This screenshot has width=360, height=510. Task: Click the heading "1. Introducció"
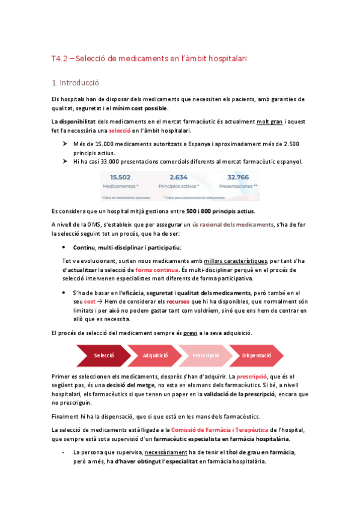tap(75, 82)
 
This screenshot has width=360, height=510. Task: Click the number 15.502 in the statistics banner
tap(121, 177)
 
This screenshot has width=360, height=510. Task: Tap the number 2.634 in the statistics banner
tap(179, 177)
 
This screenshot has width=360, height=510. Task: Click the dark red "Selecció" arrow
tap(103, 355)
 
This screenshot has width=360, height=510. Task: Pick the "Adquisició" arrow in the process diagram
tap(155, 355)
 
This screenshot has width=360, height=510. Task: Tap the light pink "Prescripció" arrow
tap(206, 355)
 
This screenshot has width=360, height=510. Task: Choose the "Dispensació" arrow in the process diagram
tap(257, 355)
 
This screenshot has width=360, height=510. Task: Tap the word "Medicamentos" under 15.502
tap(120, 186)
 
